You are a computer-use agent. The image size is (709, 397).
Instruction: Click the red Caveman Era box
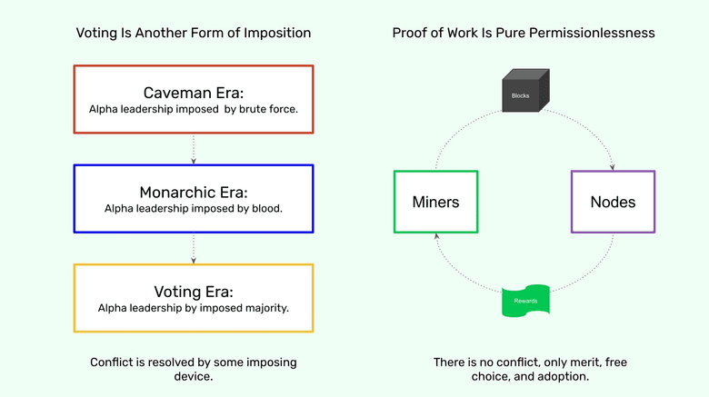193,100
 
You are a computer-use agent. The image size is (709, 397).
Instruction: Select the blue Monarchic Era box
193,199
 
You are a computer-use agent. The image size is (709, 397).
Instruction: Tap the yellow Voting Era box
193,298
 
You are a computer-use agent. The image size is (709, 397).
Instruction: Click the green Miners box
435,201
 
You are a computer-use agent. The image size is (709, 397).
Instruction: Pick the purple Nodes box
612,201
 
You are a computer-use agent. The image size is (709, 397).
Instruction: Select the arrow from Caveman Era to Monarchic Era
193,150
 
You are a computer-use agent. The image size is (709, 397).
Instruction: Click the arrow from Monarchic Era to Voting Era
193,249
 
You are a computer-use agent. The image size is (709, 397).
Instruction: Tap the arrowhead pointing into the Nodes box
614,166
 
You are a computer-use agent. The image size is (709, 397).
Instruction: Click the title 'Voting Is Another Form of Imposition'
193,33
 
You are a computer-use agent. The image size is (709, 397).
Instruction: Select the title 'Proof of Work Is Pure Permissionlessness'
524,33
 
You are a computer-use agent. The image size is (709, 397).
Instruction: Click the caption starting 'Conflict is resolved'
193,369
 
